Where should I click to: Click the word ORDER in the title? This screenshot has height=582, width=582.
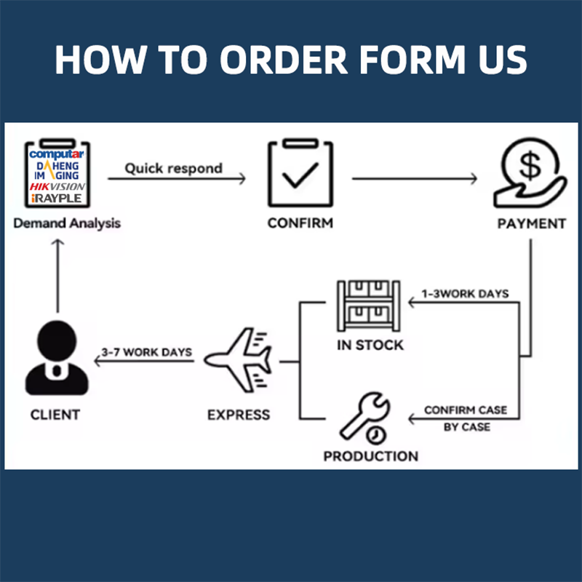click(284, 60)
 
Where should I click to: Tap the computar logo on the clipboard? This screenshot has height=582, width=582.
click(57, 154)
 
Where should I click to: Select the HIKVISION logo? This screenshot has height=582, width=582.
click(57, 186)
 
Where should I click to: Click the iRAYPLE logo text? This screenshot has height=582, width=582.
click(57, 198)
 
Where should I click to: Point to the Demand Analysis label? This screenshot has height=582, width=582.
click(67, 223)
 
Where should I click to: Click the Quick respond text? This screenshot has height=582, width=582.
click(174, 168)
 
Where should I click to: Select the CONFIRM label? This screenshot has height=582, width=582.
click(300, 223)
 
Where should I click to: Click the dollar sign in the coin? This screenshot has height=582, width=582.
click(530, 165)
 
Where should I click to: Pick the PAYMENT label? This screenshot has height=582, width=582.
click(532, 224)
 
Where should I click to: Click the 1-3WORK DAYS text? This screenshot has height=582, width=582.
click(465, 294)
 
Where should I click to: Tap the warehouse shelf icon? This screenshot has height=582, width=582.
click(369, 306)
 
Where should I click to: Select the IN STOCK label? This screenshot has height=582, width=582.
click(370, 345)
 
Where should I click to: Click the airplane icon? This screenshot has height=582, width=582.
click(239, 360)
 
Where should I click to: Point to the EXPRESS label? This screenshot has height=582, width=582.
click(239, 415)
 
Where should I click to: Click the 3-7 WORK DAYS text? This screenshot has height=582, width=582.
click(147, 352)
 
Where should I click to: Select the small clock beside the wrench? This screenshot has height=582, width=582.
click(376, 434)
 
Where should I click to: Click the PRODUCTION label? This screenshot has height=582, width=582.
click(371, 456)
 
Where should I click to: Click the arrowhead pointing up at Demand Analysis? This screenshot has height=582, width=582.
click(57, 242)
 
